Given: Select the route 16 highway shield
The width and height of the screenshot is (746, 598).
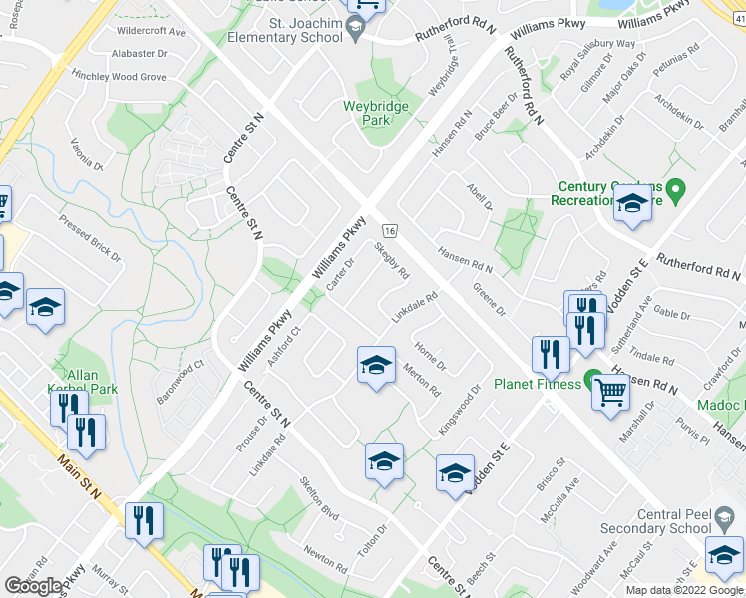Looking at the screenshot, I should (x=390, y=230).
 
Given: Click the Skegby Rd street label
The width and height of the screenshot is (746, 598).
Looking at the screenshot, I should (x=392, y=258).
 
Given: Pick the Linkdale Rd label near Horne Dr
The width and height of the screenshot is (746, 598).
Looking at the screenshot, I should (x=415, y=306).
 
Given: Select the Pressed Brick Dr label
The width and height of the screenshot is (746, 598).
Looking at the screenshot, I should (x=90, y=239).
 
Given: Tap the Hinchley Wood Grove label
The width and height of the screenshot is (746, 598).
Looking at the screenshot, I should (x=119, y=76).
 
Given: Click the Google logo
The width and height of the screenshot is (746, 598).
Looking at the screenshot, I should (x=33, y=586).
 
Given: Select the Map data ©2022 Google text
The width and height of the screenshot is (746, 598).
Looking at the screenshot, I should (x=683, y=590).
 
